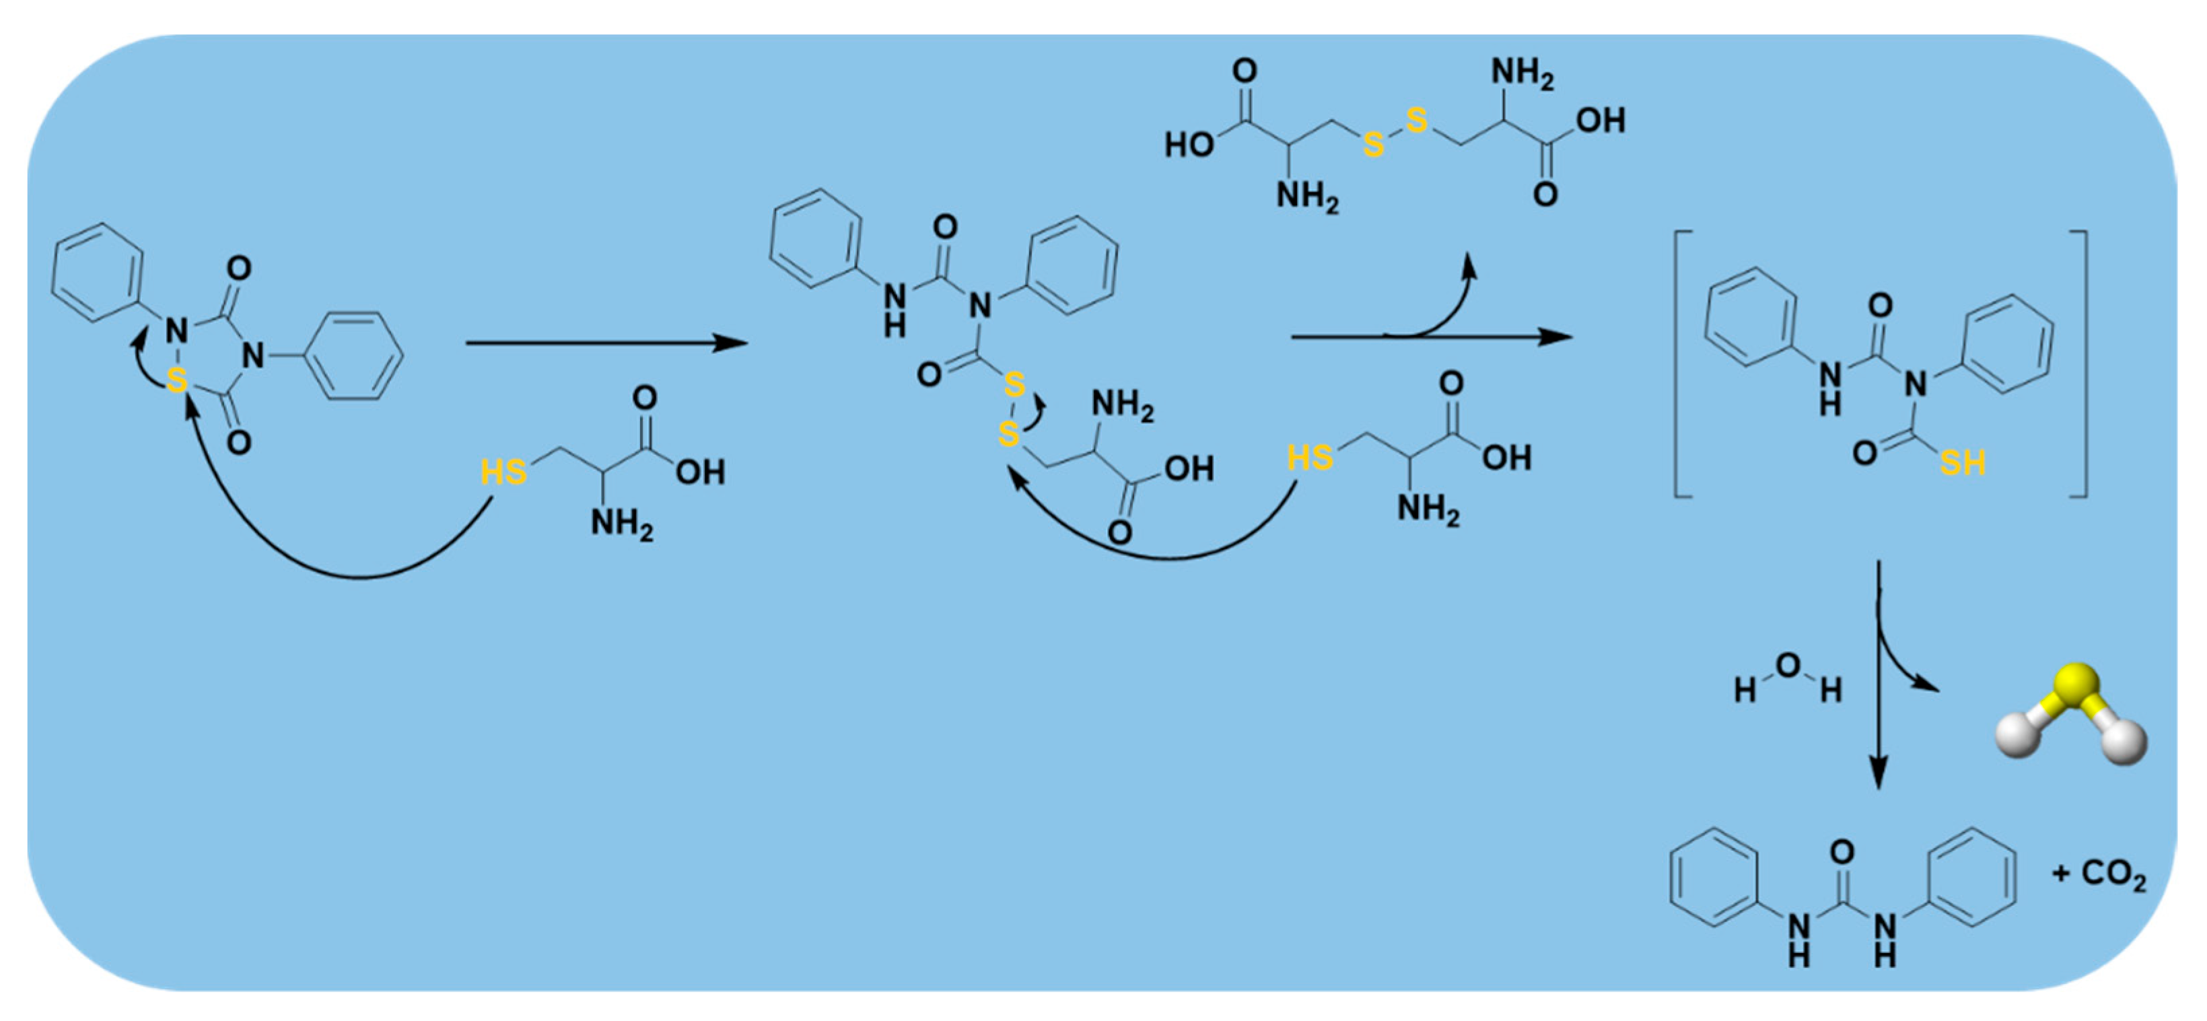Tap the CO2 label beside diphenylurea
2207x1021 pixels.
pos(2113,874)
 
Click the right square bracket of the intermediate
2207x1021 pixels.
pos(2081,363)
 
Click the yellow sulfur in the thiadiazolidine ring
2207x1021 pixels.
pos(176,380)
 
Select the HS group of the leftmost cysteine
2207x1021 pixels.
pos(503,472)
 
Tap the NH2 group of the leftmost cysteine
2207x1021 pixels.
pos(621,522)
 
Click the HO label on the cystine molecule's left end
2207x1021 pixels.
pos(1189,145)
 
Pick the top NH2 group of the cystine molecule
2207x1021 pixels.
pos(1522,73)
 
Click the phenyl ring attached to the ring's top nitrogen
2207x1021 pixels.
pos(97,273)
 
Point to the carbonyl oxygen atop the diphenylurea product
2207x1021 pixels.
pos(1842,851)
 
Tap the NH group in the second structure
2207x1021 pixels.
pos(895,308)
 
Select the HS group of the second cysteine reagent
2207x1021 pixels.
pos(1310,458)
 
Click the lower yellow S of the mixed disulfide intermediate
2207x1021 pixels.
pos(1009,434)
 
